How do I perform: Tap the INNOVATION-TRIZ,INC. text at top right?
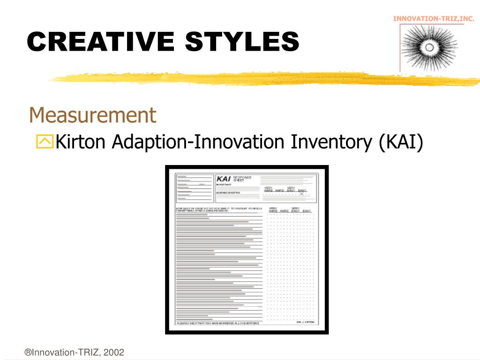coord(434,19)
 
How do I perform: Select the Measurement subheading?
coord(92,115)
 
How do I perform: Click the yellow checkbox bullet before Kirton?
coord(45,142)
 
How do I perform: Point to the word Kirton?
coord(82,142)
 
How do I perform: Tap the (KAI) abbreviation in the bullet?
coord(402,142)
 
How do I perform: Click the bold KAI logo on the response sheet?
coord(223,179)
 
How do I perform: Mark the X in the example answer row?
coord(302,194)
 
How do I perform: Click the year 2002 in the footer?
coord(114,352)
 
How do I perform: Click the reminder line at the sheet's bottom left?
coord(217,323)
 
